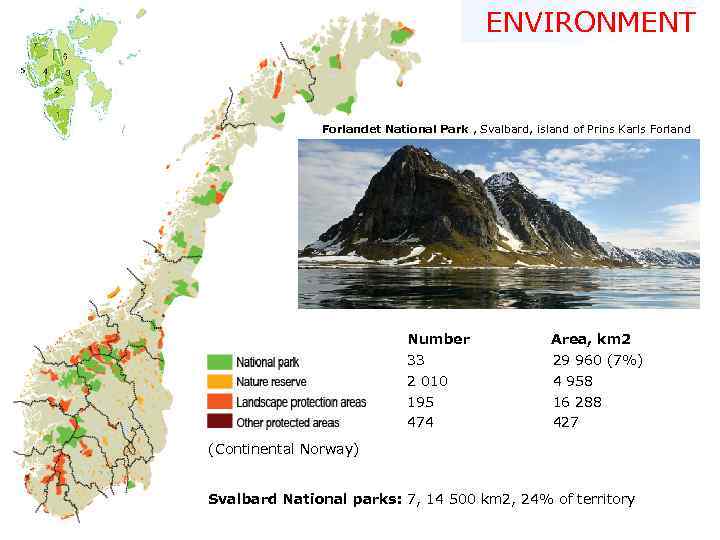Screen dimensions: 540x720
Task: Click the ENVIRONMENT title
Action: point(590,22)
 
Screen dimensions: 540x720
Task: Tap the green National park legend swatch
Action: point(219,361)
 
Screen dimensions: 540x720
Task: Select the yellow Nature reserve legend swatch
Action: point(219,381)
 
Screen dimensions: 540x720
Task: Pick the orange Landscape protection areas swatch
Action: point(219,402)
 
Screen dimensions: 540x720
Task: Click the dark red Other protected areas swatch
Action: point(219,422)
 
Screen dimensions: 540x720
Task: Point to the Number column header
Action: point(438,339)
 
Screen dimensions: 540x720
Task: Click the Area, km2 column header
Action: point(591,339)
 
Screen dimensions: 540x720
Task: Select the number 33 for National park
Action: point(415,360)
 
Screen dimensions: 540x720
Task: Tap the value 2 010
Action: point(427,381)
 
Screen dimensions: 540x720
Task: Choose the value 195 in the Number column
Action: point(420,402)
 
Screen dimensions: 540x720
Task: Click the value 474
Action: point(420,422)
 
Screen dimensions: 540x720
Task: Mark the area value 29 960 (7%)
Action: point(597,360)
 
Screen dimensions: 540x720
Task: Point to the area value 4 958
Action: point(572,381)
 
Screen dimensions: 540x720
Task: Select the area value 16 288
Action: point(577,402)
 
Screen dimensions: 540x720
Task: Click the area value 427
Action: point(565,422)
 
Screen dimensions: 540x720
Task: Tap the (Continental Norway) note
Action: point(283,449)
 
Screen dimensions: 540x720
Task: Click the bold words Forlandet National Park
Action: point(397,129)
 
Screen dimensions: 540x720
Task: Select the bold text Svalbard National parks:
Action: point(304,499)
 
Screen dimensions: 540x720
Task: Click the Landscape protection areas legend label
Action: point(301,402)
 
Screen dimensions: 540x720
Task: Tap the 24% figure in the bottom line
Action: point(523,499)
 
